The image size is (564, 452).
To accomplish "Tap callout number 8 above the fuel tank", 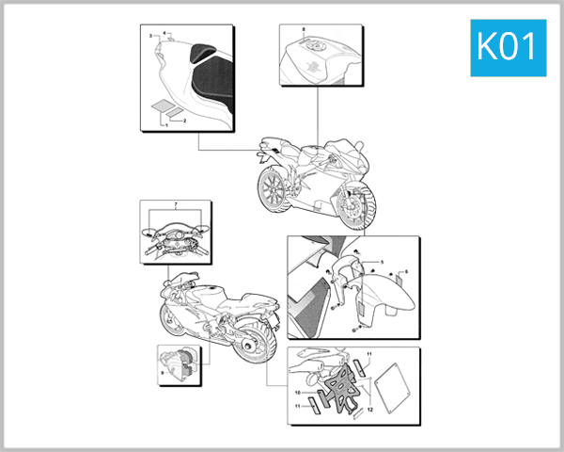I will pos(304,33).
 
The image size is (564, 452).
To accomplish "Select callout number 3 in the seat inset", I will pos(150,35).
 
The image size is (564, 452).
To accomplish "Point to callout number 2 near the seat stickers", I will pos(184,121).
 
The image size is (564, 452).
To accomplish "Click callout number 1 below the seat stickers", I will pos(167,124).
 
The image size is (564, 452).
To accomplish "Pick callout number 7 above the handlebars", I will pos(176,204).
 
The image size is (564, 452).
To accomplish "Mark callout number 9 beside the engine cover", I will pos(163,373).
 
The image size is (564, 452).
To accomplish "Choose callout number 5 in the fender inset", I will pos(382,260).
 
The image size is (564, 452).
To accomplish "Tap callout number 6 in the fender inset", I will pos(406,272).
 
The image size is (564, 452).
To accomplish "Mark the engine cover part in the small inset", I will pos(180,362).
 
